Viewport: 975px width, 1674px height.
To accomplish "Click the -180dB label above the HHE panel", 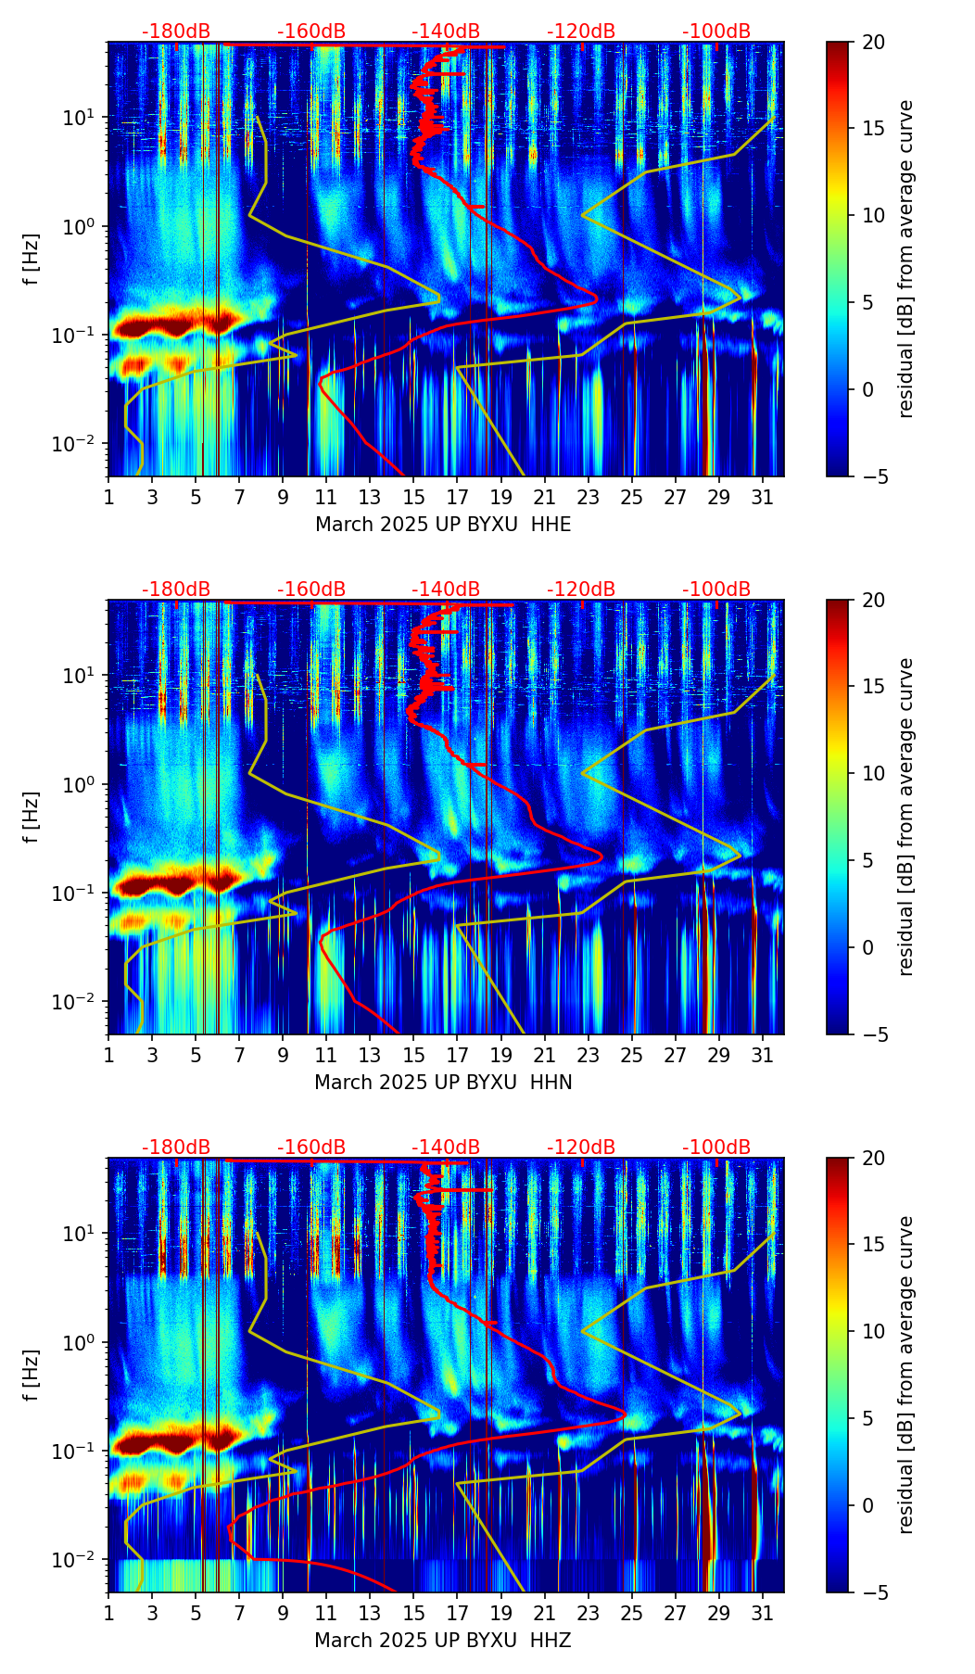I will (x=176, y=32).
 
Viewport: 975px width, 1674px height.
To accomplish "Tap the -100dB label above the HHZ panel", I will (x=716, y=1148).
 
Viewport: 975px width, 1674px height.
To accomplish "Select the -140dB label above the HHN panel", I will (x=446, y=590).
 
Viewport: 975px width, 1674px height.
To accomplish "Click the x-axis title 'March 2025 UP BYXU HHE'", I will (x=443, y=525).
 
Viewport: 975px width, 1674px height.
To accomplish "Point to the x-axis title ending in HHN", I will (x=443, y=1083).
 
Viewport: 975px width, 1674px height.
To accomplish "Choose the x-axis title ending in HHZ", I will (x=442, y=1641).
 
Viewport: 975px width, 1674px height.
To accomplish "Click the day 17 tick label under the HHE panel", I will (x=457, y=497).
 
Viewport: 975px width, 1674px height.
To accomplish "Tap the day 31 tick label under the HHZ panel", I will (x=762, y=1613).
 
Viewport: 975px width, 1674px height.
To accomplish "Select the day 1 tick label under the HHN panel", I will (x=109, y=1055).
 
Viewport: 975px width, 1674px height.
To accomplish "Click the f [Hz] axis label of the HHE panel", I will (x=32, y=259).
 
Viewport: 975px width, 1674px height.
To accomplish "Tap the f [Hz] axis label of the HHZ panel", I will (x=32, y=1375).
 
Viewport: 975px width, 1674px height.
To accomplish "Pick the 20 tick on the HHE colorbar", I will (x=874, y=43).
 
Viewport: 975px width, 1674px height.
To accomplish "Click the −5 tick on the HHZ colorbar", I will (x=874, y=1592).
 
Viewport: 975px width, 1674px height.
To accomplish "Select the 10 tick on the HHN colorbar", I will (x=874, y=773).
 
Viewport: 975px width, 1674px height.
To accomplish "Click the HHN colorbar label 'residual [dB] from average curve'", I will (x=905, y=817).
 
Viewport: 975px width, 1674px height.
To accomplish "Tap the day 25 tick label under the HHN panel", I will (x=632, y=1055).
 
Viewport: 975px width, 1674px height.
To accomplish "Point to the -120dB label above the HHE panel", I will (x=581, y=32).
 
